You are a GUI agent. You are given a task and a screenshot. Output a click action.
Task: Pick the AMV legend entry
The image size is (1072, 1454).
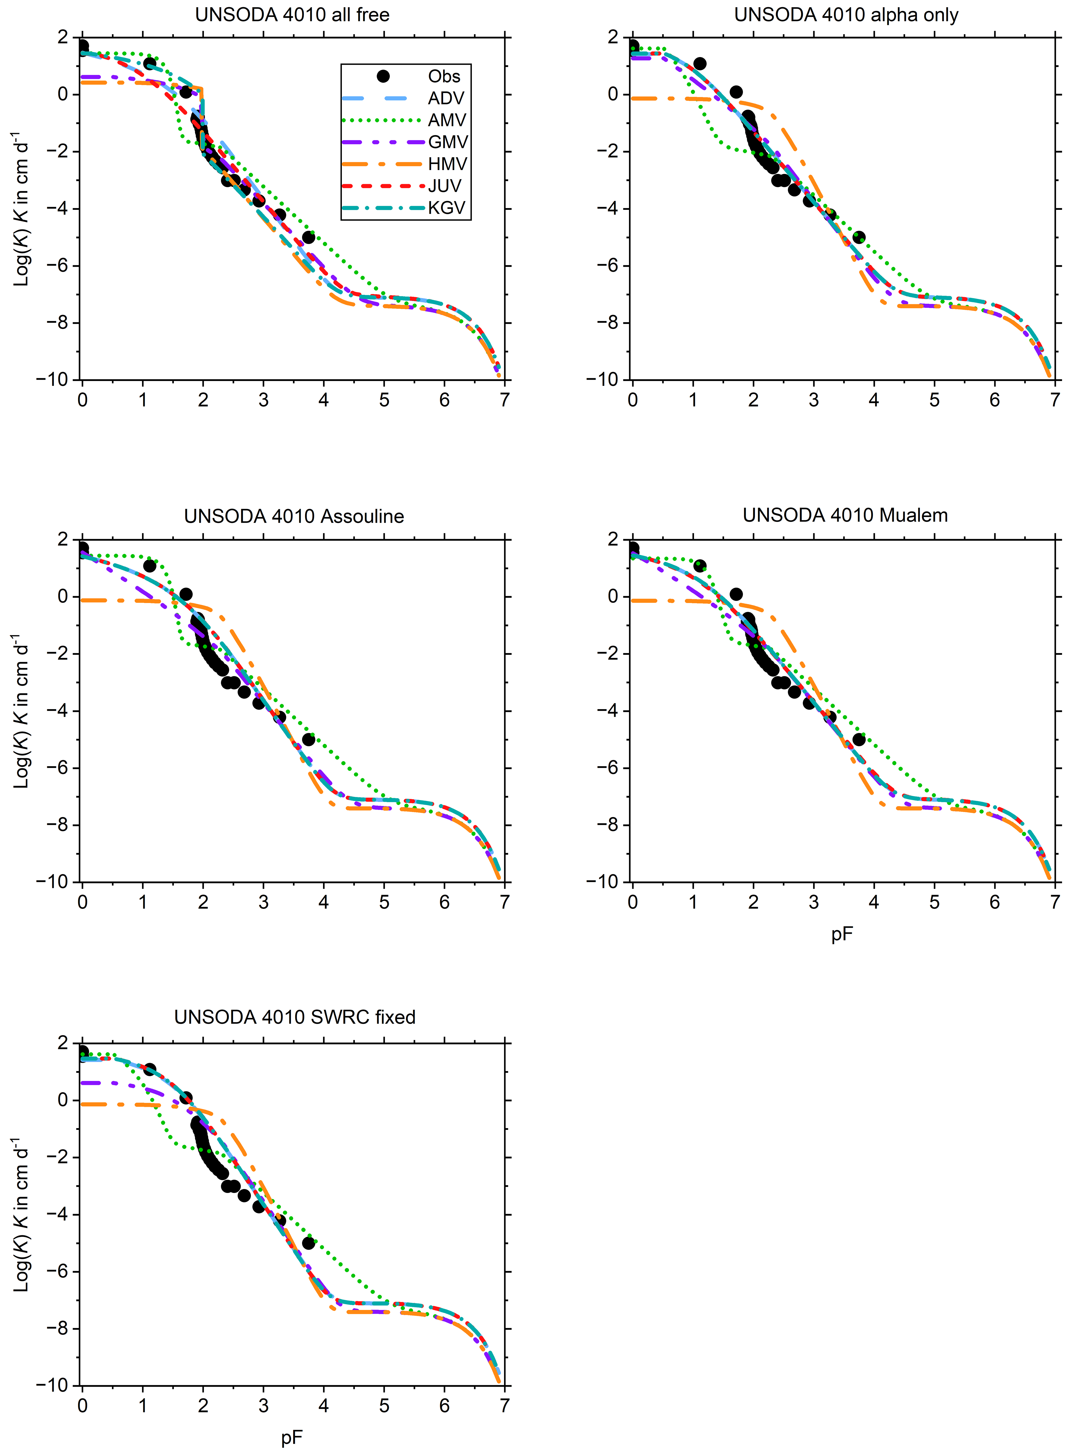pyautogui.click(x=446, y=120)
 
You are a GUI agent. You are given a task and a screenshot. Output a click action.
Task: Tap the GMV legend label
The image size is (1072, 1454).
pyautogui.click(x=448, y=142)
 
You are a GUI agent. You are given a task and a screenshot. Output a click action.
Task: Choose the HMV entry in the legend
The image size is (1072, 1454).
pyautogui.click(x=447, y=164)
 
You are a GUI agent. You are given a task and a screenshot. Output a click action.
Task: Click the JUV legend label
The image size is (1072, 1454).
pyautogui.click(x=445, y=186)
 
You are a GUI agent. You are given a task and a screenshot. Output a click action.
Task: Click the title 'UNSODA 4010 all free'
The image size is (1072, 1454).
pyautogui.click(x=293, y=15)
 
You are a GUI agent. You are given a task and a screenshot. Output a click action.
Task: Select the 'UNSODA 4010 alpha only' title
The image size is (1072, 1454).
pyautogui.click(x=846, y=15)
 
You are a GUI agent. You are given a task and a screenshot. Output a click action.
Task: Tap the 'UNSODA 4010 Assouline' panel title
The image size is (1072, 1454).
pyautogui.click(x=294, y=516)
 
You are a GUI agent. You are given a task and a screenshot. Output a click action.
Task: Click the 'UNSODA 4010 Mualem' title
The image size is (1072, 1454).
pyautogui.click(x=845, y=515)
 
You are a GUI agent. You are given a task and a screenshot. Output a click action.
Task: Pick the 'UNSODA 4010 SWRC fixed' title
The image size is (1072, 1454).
pyautogui.click(x=295, y=1017)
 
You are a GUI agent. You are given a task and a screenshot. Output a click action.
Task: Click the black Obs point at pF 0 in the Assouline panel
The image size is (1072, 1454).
pyautogui.click(x=82, y=548)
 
